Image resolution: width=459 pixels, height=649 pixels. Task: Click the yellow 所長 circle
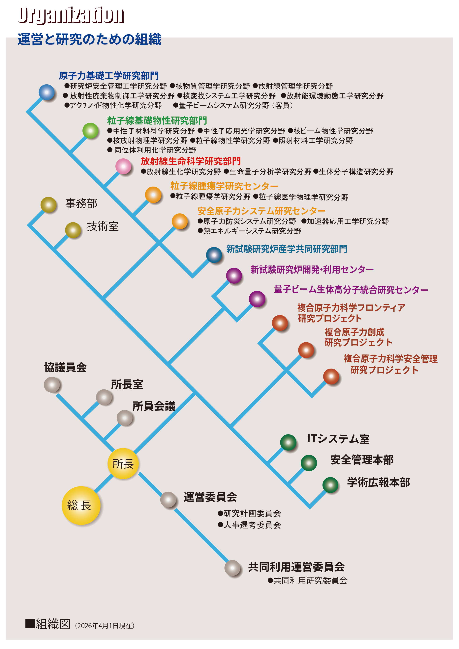[123, 464]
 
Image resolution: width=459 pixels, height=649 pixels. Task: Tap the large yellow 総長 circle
[81, 505]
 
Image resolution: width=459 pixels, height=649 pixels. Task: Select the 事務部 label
[81, 203]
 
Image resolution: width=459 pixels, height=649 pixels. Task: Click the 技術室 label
[103, 226]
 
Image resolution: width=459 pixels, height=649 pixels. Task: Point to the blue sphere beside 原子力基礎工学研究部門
[47, 92]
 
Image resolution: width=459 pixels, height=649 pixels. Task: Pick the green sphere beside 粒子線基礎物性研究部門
[90, 131]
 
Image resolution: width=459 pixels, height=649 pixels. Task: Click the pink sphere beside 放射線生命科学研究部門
[123, 166]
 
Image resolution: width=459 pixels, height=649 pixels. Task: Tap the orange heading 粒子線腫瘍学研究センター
[224, 186]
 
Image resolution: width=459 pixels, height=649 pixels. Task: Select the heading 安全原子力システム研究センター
[261, 211]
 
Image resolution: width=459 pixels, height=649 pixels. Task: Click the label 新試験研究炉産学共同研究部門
[286, 249]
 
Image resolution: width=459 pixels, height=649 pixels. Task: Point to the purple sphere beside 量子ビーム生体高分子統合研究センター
[257, 299]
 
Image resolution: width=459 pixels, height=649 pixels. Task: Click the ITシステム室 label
[338, 439]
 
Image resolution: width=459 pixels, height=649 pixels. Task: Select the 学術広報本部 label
[378, 482]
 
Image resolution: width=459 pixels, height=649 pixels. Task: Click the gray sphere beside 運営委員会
[168, 500]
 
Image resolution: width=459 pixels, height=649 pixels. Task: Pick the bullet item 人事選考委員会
[250, 525]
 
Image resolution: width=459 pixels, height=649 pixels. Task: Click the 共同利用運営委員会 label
[296, 567]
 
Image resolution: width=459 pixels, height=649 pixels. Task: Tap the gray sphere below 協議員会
[52, 385]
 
